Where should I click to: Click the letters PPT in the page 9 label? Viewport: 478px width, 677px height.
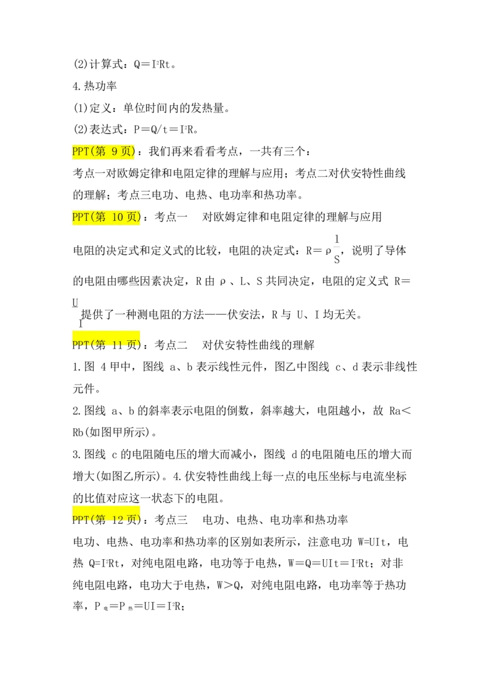[x=80, y=152]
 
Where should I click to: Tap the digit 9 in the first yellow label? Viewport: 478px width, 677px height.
[x=115, y=152]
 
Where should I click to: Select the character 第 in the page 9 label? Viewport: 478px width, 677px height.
[x=99, y=152]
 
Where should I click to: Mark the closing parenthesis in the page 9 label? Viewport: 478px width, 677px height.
[x=134, y=152]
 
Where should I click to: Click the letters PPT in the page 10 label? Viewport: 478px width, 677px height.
[x=80, y=218]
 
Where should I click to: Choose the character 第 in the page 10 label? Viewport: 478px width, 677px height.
[x=99, y=218]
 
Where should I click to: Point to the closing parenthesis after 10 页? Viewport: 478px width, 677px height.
[x=139, y=218]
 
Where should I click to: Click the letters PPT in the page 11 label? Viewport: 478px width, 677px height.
[x=80, y=344]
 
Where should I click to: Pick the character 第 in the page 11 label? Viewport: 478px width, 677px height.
[x=99, y=344]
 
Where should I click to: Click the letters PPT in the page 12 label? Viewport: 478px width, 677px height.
[x=80, y=518]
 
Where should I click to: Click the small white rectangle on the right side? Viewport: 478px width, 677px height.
[x=337, y=246]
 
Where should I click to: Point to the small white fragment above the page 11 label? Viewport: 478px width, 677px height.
[x=74, y=306]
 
